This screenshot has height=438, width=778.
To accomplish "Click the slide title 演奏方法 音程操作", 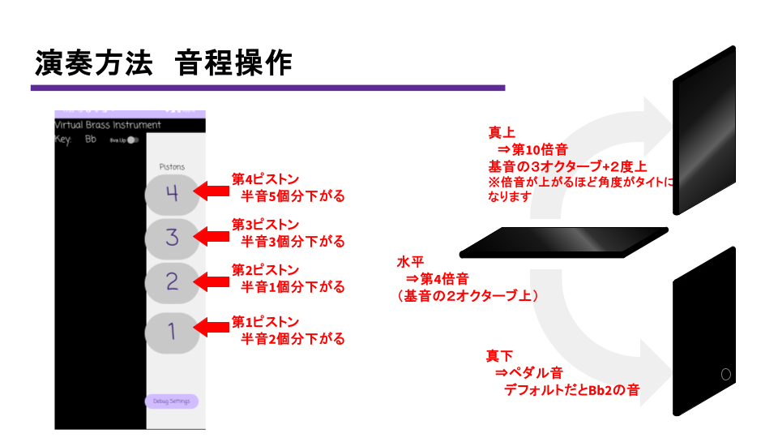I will click(x=163, y=63).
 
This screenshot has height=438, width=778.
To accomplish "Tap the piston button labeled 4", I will click(x=172, y=193).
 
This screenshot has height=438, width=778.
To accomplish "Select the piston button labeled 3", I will click(x=172, y=238).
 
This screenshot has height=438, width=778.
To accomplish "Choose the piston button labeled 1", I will click(x=172, y=331).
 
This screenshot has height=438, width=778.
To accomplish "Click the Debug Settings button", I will click(x=171, y=401).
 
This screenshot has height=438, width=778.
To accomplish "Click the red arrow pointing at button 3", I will click(x=212, y=237).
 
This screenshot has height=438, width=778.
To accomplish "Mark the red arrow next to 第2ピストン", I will click(x=212, y=281).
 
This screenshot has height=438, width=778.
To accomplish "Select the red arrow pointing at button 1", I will click(x=212, y=327).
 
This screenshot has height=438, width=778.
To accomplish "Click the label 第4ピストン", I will click(x=265, y=179).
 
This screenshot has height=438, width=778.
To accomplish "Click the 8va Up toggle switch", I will click(x=133, y=140).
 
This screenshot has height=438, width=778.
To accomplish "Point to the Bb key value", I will click(x=91, y=140).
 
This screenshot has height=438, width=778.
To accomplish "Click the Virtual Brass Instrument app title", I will click(x=107, y=125).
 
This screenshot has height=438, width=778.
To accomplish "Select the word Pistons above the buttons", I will click(x=171, y=166).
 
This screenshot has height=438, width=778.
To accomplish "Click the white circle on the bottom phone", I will click(x=725, y=374).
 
